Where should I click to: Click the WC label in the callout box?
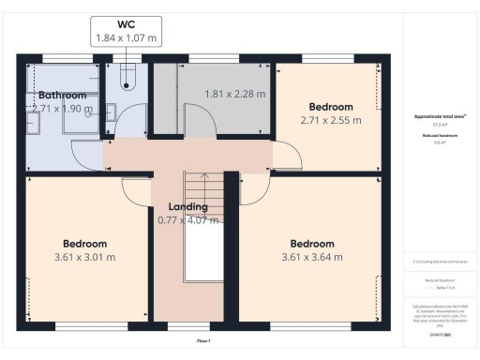[x=126, y=23]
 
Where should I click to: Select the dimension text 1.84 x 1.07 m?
[x=126, y=38]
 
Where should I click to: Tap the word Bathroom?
[x=62, y=96]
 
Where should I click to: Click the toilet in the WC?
[x=127, y=79]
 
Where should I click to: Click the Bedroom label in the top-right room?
[x=331, y=107]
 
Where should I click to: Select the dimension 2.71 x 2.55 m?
[x=331, y=121]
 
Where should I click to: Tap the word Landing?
[x=187, y=206]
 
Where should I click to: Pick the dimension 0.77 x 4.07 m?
[x=187, y=220]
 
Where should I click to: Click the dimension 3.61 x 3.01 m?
[x=84, y=257]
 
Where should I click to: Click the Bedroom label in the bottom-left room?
[x=84, y=243]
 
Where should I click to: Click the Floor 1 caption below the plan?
[x=203, y=340]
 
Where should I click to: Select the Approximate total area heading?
[x=440, y=116]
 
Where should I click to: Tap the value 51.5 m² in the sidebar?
[x=440, y=125]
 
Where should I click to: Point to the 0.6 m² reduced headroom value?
[x=440, y=143]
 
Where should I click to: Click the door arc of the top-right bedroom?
[x=287, y=156]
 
